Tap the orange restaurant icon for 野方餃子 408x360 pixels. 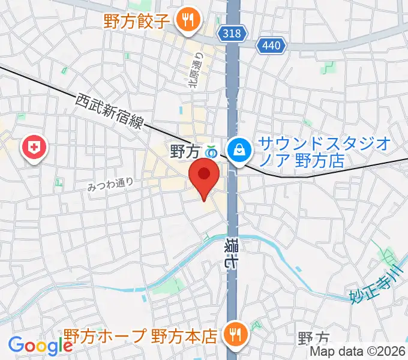pos(187,20)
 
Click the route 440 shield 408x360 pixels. pos(273,45)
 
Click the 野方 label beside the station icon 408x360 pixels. pos(184,149)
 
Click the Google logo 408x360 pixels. pos(41,346)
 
